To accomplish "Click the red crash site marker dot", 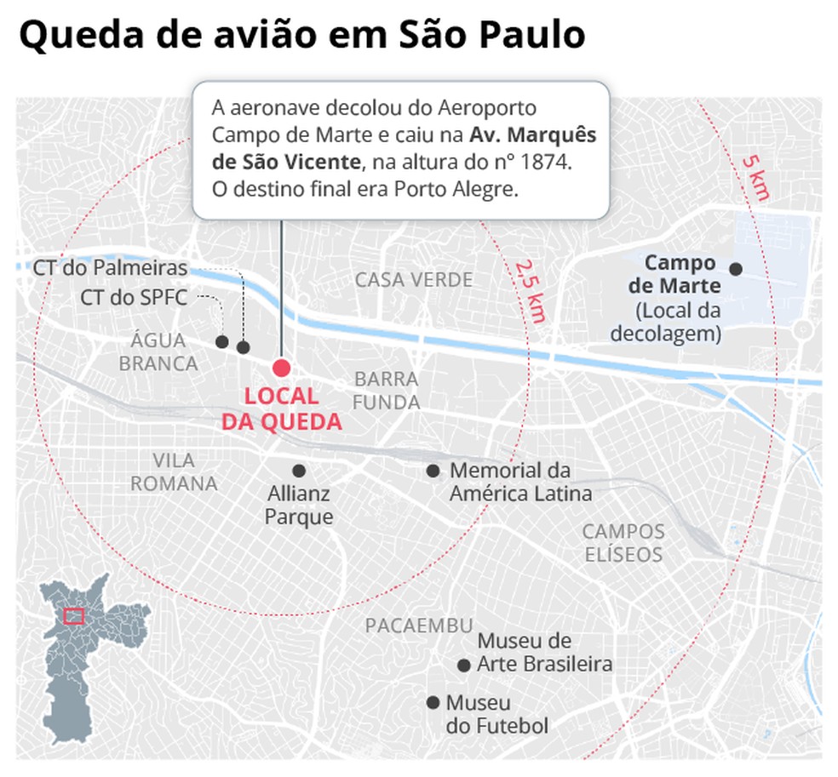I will tap(281, 368).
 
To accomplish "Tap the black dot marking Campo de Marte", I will tap(736, 269).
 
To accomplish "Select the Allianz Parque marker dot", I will tap(299, 471).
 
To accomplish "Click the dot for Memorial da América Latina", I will tap(433, 471).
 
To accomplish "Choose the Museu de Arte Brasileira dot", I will tap(463, 666).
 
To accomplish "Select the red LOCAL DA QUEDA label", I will tap(280, 408).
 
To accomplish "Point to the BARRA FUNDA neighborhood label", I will tap(387, 391).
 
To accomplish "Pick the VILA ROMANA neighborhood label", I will tap(174, 472).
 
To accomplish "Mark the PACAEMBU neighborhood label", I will tap(418, 626).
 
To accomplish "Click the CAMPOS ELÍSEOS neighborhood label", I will tap(623, 543).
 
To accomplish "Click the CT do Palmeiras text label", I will tap(110, 268).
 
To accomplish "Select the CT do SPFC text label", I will tap(134, 298).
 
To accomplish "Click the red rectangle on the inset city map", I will tap(73, 616).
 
